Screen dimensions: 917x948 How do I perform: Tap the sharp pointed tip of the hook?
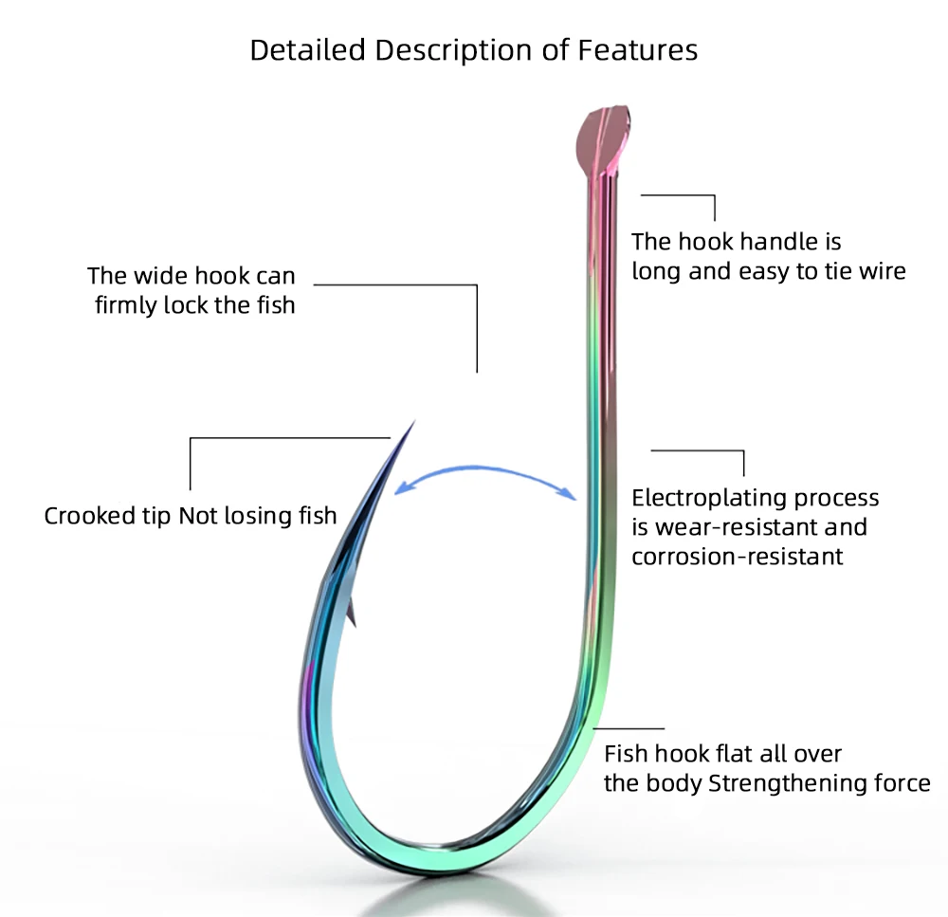pos(414,421)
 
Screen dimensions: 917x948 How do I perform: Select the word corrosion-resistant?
pos(737,556)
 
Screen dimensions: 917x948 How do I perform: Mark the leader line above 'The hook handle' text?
pos(679,196)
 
